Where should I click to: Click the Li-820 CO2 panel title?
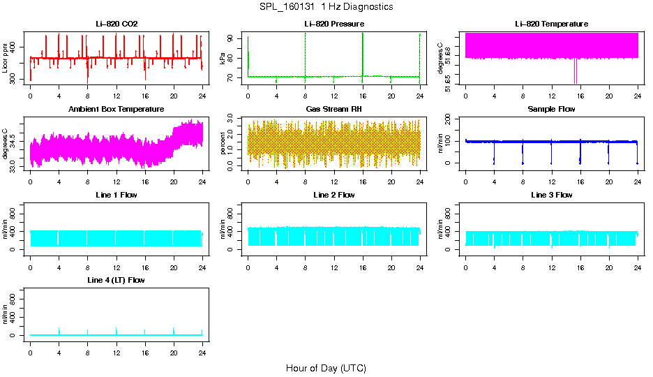tap(117, 24)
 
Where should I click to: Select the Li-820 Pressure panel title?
tap(334, 24)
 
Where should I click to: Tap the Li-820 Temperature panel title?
tap(551, 24)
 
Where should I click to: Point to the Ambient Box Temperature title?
tap(117, 110)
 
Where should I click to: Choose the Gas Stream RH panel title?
tap(334, 110)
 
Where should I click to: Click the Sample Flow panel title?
tap(551, 110)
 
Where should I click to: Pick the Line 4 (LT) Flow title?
tap(117, 280)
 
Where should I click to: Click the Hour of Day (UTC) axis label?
tap(326, 368)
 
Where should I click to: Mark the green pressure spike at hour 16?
tap(363, 52)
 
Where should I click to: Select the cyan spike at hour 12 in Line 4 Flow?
tap(117, 330)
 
